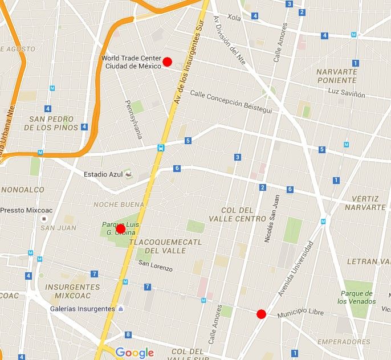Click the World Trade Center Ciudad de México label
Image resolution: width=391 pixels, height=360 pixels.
point(131,63)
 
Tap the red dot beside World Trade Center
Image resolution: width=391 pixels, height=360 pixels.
point(167,62)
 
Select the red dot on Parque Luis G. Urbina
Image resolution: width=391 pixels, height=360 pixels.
point(120,229)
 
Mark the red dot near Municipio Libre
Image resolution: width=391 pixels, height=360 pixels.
point(261,313)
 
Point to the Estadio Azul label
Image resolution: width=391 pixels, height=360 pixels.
point(103,174)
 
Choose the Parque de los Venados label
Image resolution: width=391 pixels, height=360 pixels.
point(357,297)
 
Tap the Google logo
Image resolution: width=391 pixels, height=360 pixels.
point(135,353)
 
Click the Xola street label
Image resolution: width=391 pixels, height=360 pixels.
point(234,17)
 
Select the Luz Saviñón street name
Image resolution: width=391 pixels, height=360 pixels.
point(347,93)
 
